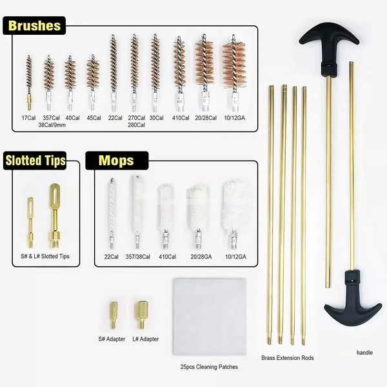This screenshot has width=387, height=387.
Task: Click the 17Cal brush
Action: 29,83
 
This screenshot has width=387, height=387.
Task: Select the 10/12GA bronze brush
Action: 234,74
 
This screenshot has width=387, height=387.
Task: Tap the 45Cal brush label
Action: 94,118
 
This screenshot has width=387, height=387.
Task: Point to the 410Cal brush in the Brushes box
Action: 179,74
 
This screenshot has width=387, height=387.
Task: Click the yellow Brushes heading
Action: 34,26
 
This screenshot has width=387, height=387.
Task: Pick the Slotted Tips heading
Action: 35,161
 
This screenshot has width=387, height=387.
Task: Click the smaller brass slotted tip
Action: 30,223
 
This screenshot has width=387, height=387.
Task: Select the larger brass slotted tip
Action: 54,216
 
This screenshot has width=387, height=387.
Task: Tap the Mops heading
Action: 116,161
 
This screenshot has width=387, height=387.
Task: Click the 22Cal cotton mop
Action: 112,213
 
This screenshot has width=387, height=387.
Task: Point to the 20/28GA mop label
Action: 201,257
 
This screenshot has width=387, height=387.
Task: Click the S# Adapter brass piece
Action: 114,315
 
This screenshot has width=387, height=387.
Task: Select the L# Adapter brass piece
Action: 141,315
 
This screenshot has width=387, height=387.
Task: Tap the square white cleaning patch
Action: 210,317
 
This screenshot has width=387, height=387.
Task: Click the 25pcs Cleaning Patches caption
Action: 209,367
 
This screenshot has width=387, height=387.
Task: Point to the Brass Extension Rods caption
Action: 288,358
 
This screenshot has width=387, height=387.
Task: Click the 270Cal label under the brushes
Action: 137,118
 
